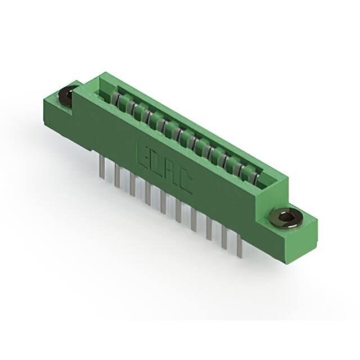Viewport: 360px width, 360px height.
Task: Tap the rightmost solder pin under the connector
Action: click(240, 247)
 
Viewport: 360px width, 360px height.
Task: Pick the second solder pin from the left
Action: click(118, 175)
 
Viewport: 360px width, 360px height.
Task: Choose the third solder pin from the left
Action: click(132, 184)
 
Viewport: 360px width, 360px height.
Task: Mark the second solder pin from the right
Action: click(224, 239)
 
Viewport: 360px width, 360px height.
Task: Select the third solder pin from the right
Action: click(209, 229)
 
